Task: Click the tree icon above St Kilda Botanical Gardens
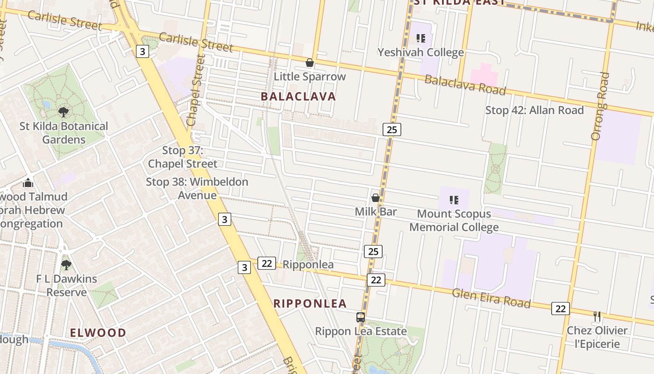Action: pyautogui.click(x=64, y=112)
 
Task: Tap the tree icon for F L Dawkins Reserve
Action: pyautogui.click(x=66, y=265)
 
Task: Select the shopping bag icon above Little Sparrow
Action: pyautogui.click(x=309, y=63)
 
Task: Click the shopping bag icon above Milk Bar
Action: pyautogui.click(x=375, y=198)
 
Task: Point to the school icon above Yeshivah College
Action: pyautogui.click(x=421, y=38)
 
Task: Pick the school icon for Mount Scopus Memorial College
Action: pyautogui.click(x=454, y=200)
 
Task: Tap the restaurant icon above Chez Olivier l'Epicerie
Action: pyautogui.click(x=597, y=316)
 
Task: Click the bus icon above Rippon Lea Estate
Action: pyautogui.click(x=361, y=317)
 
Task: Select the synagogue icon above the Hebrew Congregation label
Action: pyautogui.click(x=28, y=183)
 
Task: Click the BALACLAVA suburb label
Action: pyautogui.click(x=299, y=96)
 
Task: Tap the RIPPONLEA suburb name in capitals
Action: pyautogui.click(x=310, y=303)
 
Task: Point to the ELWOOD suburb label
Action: pyautogui.click(x=98, y=333)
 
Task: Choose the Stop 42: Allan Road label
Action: pyautogui.click(x=534, y=110)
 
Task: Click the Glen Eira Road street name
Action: pyautogui.click(x=491, y=298)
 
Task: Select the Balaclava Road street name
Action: pyautogui.click(x=465, y=85)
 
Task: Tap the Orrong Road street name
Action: pyautogui.click(x=600, y=106)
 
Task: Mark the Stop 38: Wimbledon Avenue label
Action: pyautogui.click(x=197, y=188)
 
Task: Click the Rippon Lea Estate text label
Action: pyautogui.click(x=361, y=331)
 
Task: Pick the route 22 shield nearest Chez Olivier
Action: pyautogui.click(x=561, y=309)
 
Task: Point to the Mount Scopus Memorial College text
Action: pyautogui.click(x=454, y=221)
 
